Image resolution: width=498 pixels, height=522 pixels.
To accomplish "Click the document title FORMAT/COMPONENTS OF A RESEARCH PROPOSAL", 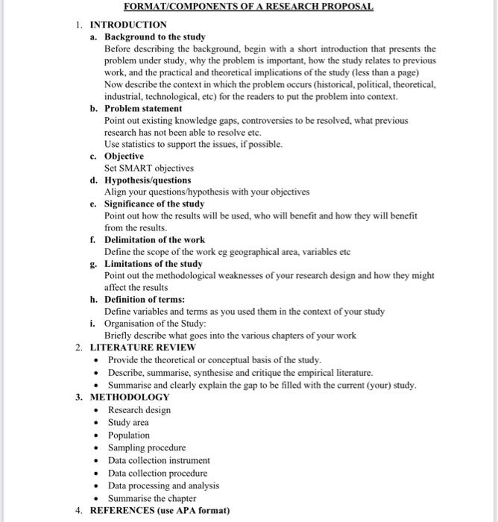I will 249,7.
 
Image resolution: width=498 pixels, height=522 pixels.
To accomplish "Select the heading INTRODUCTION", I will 128,25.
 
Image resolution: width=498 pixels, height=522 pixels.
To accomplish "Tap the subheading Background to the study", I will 154,37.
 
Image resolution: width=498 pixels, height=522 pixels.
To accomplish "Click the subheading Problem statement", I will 143,108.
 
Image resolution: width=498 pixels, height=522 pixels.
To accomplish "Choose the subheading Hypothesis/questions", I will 148,180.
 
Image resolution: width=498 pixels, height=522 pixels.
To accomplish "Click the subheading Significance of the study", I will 154,204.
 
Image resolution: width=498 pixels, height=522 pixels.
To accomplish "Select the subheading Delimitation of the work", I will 154,239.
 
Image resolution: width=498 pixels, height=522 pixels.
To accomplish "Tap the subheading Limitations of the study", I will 153,263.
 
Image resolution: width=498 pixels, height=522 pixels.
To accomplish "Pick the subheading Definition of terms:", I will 145,299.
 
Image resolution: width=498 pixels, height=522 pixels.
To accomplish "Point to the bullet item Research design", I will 139,409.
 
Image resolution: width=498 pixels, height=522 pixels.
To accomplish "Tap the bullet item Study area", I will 128,422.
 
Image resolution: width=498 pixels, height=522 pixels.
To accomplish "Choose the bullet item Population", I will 129,435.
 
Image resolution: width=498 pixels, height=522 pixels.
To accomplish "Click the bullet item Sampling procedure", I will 147,447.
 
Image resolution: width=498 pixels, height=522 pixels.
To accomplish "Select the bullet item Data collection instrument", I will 159,460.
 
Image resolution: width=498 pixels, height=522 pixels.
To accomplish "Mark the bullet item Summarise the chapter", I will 152,498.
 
